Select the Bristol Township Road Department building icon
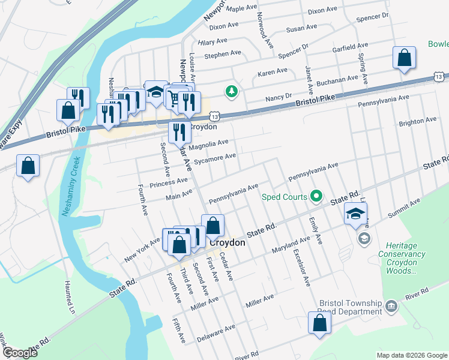coord(391,307)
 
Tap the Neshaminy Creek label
coord(68,187)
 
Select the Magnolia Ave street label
coord(208,144)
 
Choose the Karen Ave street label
coord(273,71)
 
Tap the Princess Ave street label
coord(169,181)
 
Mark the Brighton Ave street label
coord(417,122)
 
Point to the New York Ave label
coord(142,250)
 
